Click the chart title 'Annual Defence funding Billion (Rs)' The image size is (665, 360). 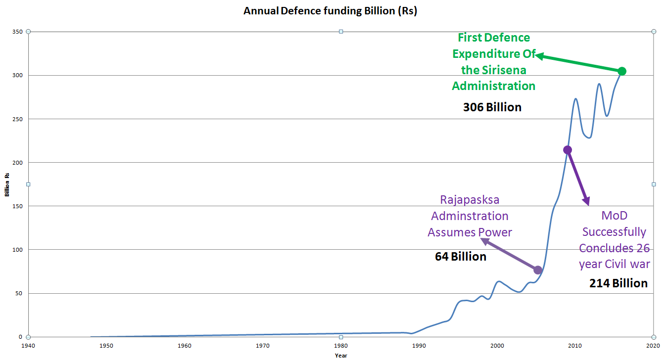pos(330,11)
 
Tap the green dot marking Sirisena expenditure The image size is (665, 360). pos(622,71)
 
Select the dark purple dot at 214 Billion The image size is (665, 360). pos(568,150)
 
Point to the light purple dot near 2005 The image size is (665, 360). pos(538,270)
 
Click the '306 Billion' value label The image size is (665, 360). pos(492,107)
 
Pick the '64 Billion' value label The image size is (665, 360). pos(461,257)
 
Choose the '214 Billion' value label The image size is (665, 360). pos(618,283)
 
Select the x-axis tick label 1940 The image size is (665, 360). pos(28,346)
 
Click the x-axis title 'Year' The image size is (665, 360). pos(341,355)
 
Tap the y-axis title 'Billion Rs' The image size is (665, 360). pos(7,184)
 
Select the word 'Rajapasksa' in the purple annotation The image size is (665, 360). pos(470,200)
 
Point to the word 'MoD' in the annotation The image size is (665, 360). pos(614,216)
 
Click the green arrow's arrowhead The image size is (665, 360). pos(538,55)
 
